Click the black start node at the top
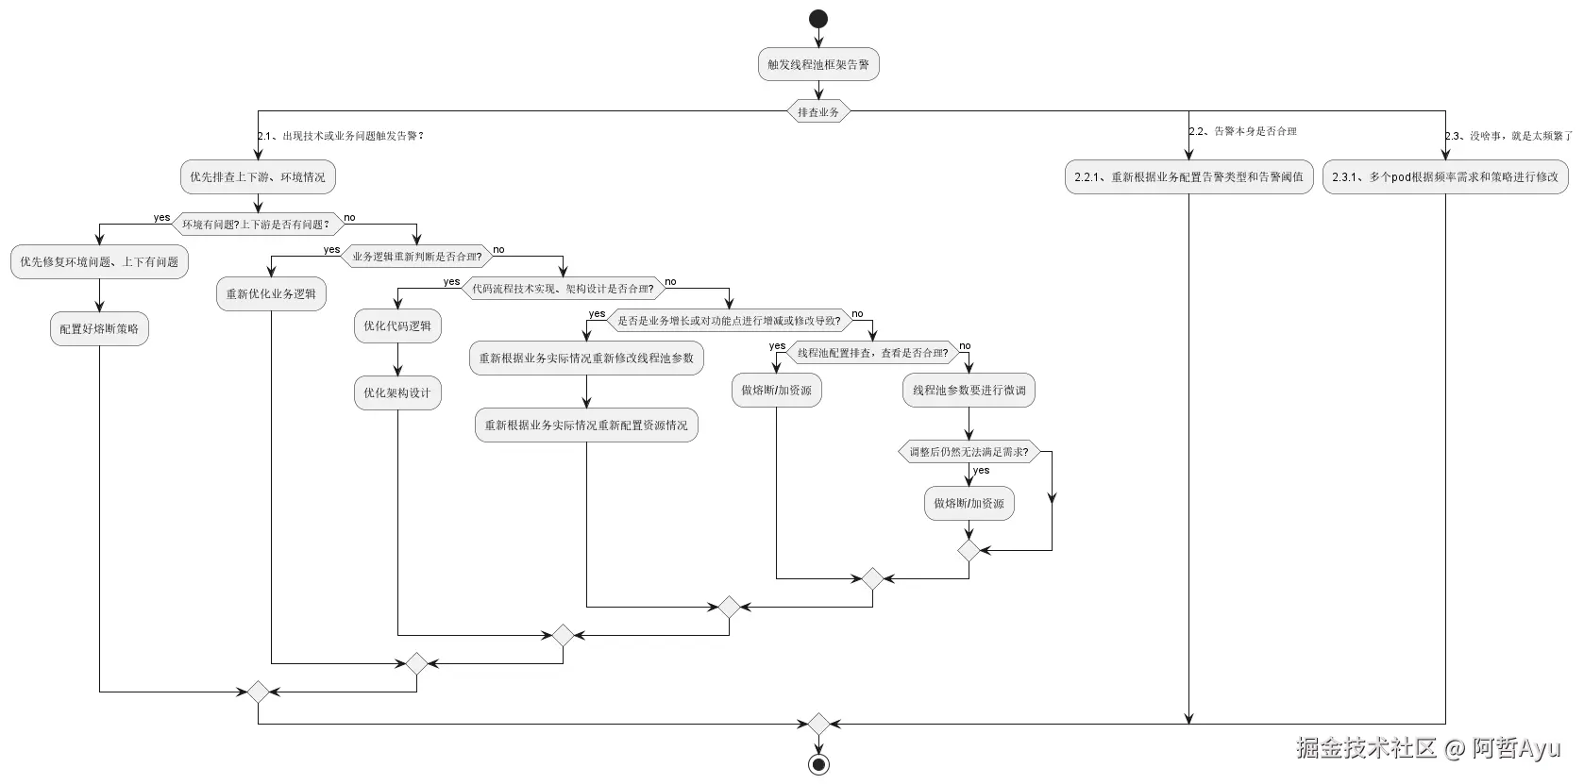pos(818,19)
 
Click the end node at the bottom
pos(818,764)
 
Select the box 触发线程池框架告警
pos(818,64)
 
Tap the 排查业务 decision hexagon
pos(818,111)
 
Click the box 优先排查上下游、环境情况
pos(258,176)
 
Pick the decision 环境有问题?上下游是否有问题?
pos(258,225)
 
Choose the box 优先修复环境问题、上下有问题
pos(99,261)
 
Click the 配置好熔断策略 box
pos(99,328)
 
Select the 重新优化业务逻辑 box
pos(271,293)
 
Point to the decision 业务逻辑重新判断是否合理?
pos(416,257)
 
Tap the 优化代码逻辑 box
pos(397,325)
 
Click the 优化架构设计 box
pos(397,392)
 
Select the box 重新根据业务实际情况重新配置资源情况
pos(586,425)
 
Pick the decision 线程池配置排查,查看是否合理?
pos(872,353)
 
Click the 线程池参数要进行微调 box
pos(969,391)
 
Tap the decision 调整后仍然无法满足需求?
pos(969,452)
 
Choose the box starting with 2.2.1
pos(1188,176)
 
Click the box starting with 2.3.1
pos(1445,176)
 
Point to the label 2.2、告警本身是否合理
pos(1242,131)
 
